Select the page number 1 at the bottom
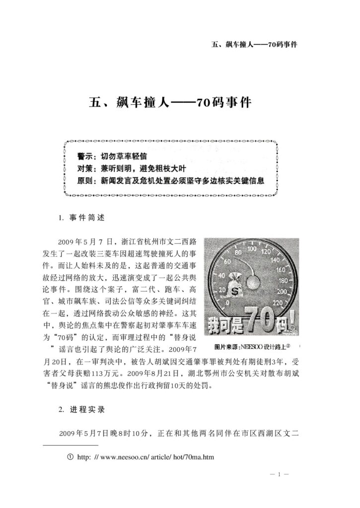pyautogui.click(x=280, y=475)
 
